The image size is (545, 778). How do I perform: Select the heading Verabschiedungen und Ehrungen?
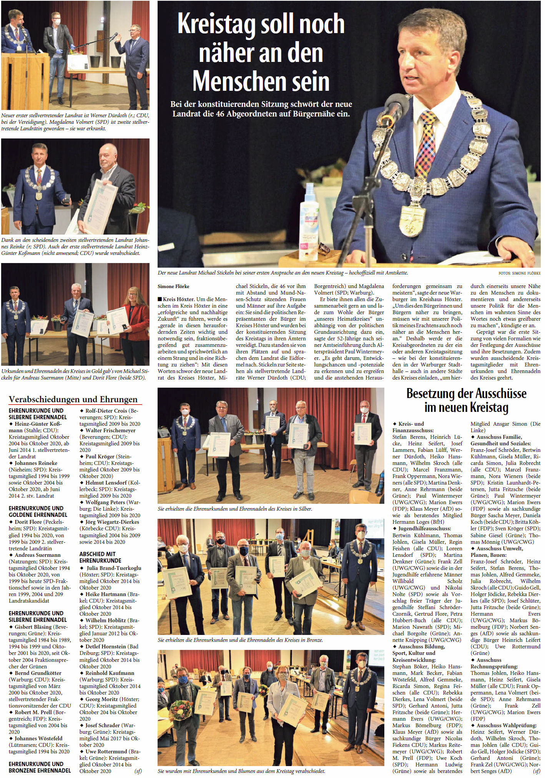73,399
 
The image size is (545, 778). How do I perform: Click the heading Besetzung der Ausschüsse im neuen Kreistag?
466,400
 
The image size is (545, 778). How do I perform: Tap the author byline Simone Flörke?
173,286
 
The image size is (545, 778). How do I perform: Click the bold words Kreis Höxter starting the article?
181,299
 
